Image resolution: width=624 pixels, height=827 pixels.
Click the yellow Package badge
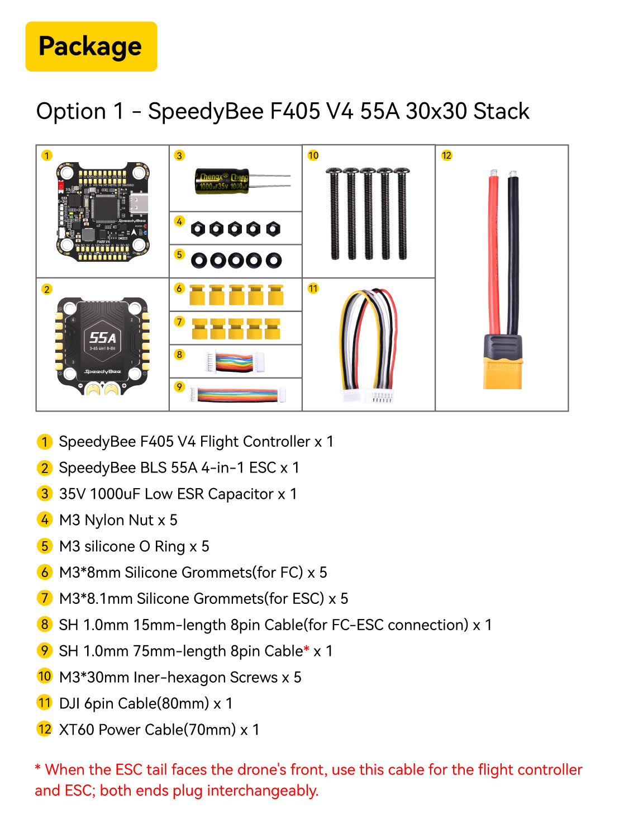[91, 46]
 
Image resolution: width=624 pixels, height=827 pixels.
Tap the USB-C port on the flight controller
[140, 204]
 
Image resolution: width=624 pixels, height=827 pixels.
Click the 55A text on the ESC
[103, 337]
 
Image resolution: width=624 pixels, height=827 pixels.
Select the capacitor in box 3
[222, 181]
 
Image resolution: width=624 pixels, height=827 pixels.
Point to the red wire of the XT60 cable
[493, 252]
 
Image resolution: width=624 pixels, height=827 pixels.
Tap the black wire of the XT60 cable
[513, 252]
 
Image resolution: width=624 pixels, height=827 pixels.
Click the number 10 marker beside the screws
[313, 155]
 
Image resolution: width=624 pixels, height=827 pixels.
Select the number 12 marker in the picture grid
[446, 155]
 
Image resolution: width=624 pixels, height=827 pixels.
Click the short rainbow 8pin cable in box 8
[235, 361]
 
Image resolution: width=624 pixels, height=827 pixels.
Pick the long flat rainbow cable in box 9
[237, 395]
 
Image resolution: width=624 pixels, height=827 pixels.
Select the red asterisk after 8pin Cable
[306, 650]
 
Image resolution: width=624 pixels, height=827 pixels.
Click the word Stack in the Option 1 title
[501, 111]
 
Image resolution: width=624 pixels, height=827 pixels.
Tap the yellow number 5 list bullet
[45, 546]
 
